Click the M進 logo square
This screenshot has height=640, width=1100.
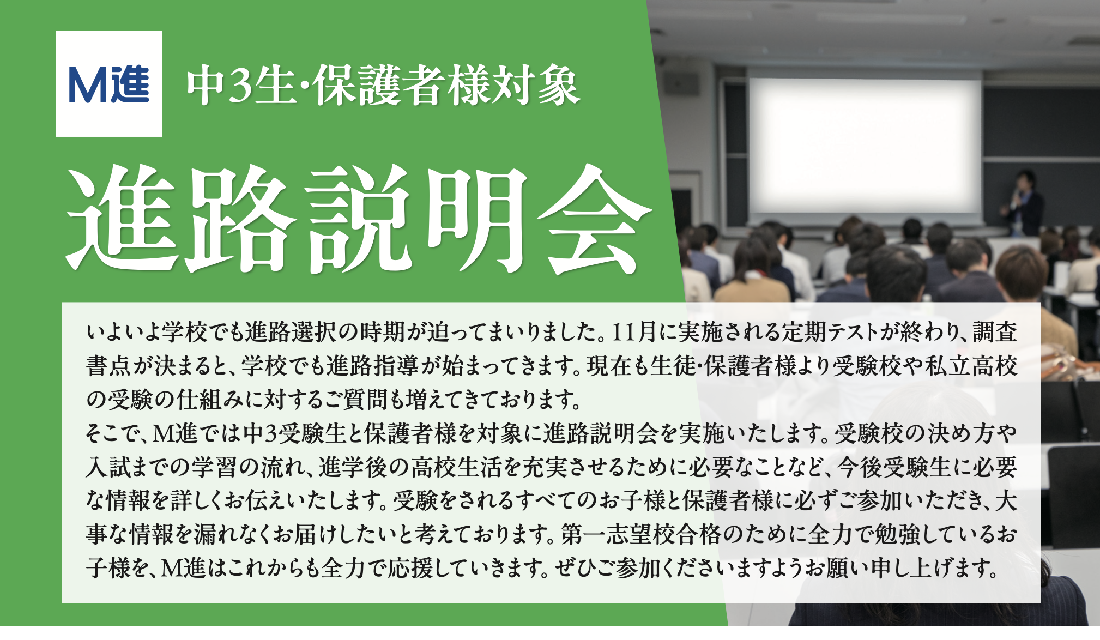(x=109, y=83)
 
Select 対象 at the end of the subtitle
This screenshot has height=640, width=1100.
(x=533, y=86)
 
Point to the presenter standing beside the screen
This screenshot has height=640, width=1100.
(x=1023, y=204)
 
